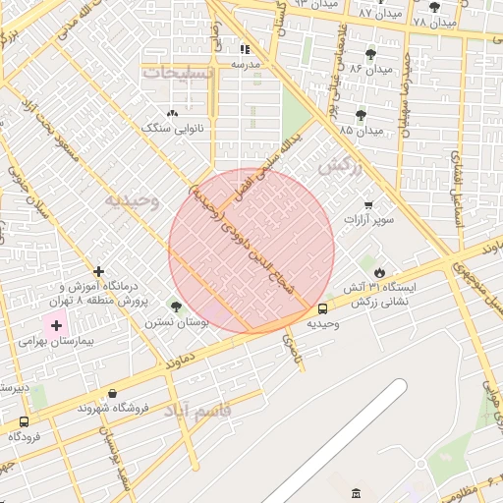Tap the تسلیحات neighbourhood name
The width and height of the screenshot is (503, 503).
pyautogui.click(x=177, y=73)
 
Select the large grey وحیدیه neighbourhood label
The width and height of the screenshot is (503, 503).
pyautogui.click(x=132, y=200)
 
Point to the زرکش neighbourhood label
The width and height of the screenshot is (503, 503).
pyautogui.click(x=341, y=166)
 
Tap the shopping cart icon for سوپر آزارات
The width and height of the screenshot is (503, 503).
pyautogui.click(x=368, y=204)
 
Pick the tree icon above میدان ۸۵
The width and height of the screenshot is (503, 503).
pyautogui.click(x=361, y=115)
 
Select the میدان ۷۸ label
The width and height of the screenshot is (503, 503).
pyautogui.click(x=435, y=22)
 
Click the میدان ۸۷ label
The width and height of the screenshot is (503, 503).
pyautogui.click(x=380, y=14)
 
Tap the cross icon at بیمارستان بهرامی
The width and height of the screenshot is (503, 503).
pyautogui.click(x=56, y=325)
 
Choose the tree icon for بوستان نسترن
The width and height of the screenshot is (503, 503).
pyautogui.click(x=176, y=307)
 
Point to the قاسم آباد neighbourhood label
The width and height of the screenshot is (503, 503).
pyautogui.click(x=227, y=411)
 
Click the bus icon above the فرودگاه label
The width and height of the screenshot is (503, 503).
pyautogui.click(x=24, y=421)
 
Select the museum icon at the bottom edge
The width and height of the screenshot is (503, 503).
pyautogui.click(x=356, y=491)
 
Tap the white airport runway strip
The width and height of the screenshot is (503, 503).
pyautogui.click(x=334, y=442)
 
